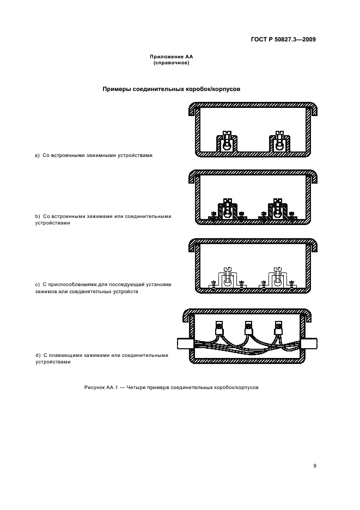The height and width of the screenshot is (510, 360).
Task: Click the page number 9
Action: click(315, 465)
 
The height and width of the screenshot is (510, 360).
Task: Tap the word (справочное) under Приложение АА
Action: click(171, 63)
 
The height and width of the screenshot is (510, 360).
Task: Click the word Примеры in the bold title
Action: click(117, 89)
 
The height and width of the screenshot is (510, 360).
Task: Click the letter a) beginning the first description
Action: click(38, 155)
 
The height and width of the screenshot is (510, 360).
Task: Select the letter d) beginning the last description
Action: click(38, 355)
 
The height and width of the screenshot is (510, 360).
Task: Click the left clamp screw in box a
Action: click(225, 135)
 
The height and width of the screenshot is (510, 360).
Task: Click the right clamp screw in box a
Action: click(280, 135)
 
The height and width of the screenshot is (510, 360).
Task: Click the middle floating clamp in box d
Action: click(249, 330)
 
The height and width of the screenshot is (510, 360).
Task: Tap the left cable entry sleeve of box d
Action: click(183, 344)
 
